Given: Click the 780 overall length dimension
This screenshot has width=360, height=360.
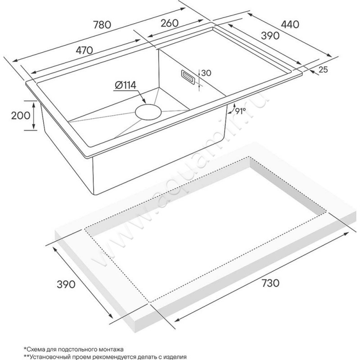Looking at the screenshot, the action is point(102,25).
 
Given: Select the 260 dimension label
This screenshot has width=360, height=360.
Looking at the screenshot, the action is point(169,23).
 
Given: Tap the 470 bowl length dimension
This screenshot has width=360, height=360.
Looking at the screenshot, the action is point(85,50).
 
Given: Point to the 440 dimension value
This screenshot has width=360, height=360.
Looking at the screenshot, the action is point(290,25).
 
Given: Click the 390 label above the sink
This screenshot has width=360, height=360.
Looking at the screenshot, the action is point(270,36).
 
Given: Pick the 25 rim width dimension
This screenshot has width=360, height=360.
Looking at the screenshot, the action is point(323,70).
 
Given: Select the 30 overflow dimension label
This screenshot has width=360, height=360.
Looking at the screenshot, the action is point(206,73).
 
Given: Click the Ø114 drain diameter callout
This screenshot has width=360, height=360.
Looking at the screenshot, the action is point(125,85).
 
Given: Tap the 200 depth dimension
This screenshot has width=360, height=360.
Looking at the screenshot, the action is point(21,116).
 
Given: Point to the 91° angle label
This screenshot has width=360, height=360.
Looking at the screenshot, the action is point(240,110).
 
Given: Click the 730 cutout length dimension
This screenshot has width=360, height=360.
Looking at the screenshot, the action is point(270,283).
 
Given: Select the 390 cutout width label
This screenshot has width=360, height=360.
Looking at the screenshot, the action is point(66,284).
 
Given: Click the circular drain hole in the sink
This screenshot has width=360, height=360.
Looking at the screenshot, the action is point(148,112).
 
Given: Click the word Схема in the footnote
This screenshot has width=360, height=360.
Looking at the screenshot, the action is point(35,350).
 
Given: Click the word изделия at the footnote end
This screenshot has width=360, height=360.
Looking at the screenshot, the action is point(175,357).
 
